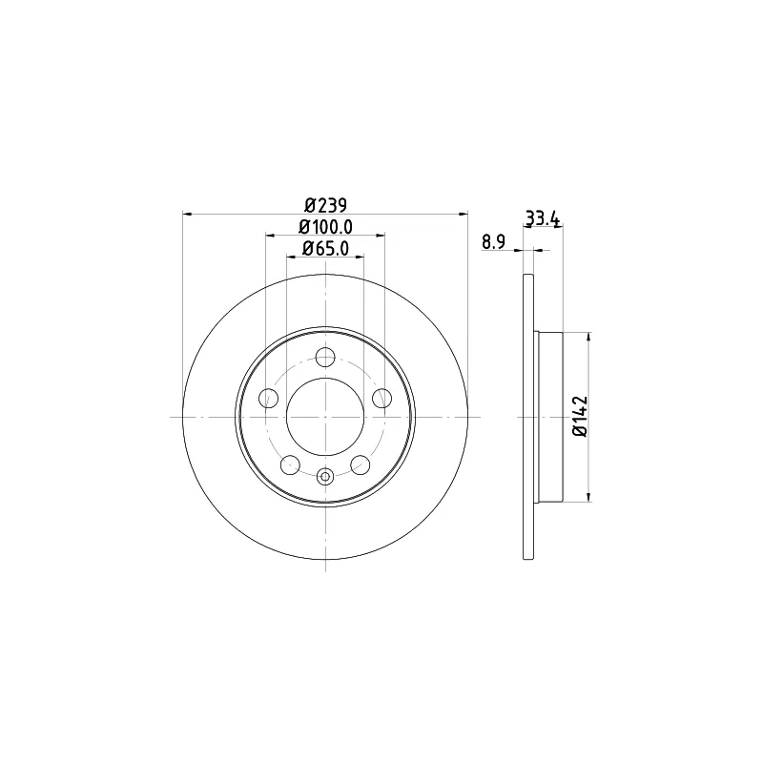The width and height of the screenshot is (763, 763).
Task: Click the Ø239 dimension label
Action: tap(325, 205)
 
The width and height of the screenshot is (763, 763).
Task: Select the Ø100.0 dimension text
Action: tap(325, 227)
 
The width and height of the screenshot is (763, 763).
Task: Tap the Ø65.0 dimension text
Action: tap(325, 249)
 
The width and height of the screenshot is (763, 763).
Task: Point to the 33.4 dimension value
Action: tap(543, 218)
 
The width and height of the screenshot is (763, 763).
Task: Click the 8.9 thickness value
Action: tap(494, 242)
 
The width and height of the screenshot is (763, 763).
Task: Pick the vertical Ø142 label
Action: tap(581, 417)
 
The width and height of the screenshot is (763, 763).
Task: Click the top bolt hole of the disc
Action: tap(325, 357)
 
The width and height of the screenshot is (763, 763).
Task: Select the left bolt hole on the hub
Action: tap(268, 398)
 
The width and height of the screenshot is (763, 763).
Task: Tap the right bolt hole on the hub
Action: tap(382, 398)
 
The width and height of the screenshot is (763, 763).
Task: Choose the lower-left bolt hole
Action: tap(291, 464)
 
